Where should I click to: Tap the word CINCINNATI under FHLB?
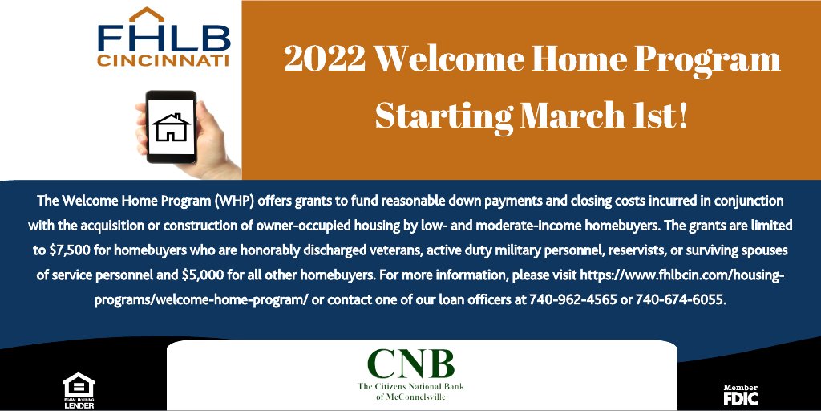coord(164,60)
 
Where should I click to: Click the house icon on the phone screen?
coord(171,127)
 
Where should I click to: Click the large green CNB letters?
coord(410,364)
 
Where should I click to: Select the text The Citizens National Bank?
coord(410,387)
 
